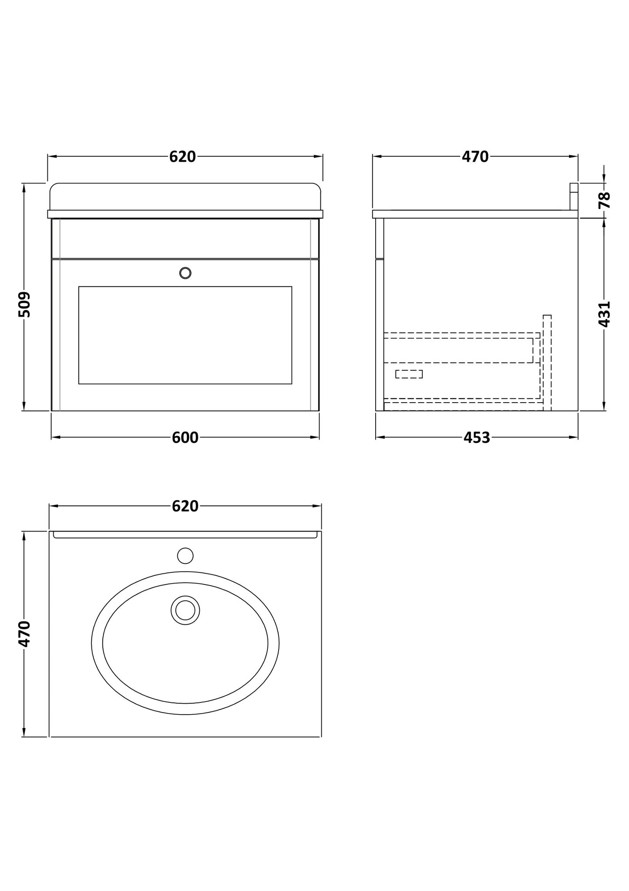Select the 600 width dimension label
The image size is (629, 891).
coord(185,437)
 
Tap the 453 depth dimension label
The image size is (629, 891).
coord(477,437)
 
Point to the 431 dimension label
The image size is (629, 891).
coord(605,314)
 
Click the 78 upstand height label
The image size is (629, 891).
coord(605,200)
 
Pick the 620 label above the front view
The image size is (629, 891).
coord(182,156)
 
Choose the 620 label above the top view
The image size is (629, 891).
coord(185,506)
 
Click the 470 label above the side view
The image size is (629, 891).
coord(475,156)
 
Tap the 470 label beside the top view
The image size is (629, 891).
coord(25,634)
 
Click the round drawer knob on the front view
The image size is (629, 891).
coord(185,273)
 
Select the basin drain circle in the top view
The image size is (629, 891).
coord(185,610)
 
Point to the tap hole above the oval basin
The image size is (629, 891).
coord(185,556)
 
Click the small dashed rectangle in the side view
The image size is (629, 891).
coord(409,374)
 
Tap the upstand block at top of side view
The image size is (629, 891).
coord(574,196)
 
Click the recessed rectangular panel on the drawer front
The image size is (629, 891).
coord(185,335)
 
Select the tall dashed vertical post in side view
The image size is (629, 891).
coord(547,362)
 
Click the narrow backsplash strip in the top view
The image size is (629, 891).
coord(185,535)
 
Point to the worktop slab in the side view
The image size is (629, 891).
coord(475,214)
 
